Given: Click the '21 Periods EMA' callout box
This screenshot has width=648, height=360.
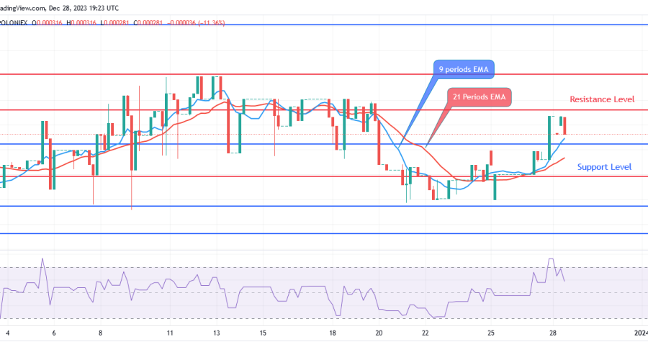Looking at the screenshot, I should pyautogui.click(x=478, y=96).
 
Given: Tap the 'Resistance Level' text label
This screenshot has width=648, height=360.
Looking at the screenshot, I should pyautogui.click(x=601, y=99).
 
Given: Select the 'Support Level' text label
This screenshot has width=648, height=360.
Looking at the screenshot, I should pyautogui.click(x=605, y=167).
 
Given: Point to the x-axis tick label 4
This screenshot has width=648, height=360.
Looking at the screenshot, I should pyautogui.click(x=7, y=334).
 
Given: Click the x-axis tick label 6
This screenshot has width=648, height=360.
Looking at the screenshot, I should pyautogui.click(x=54, y=334).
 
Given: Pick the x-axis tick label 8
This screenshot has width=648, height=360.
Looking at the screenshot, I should pyautogui.click(x=101, y=334).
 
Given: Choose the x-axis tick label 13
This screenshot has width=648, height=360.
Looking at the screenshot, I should pyautogui.click(x=217, y=334).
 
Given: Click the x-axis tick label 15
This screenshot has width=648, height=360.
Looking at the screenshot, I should pyautogui.click(x=264, y=334).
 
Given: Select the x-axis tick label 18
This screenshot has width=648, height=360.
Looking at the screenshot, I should pyautogui.click(x=333, y=334).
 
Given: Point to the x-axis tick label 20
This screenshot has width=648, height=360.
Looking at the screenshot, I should pyautogui.click(x=379, y=334).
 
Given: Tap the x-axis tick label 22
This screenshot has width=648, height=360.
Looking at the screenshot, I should pyautogui.click(x=426, y=334).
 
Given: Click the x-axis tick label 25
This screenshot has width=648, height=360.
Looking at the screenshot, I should pyautogui.click(x=491, y=334).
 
